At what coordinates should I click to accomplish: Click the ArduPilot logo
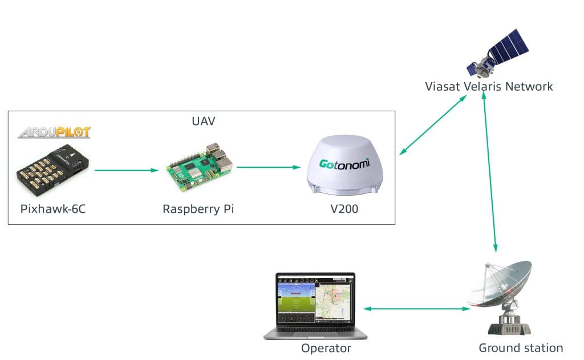click(54, 132)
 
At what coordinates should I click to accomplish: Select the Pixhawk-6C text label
click(53, 209)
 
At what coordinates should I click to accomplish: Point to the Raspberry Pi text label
click(198, 209)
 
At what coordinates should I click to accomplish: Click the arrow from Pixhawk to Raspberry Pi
click(126, 170)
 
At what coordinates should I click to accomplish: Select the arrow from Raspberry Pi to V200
click(268, 167)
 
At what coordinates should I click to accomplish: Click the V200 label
click(344, 209)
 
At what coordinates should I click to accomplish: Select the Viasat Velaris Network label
click(489, 87)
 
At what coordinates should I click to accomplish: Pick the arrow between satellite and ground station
click(490, 171)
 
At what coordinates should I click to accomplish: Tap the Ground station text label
click(520, 348)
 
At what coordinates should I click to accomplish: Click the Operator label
click(326, 348)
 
